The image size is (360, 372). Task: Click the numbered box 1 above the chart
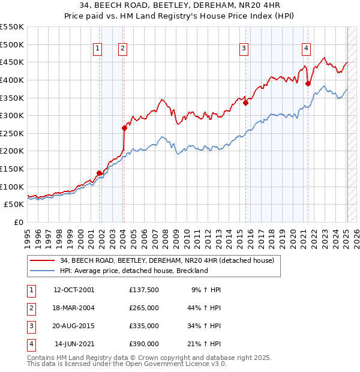tap(97, 49)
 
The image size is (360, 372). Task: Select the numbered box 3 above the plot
tap(244, 49)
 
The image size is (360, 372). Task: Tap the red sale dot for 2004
tap(124, 128)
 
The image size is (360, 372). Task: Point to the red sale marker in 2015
tap(246, 103)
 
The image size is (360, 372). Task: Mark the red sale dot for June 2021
tap(308, 83)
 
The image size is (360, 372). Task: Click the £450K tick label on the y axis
tap(11, 62)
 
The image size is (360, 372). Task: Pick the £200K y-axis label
tap(11, 151)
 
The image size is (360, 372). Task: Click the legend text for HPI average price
tap(134, 271)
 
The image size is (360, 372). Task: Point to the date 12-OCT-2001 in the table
tap(74, 290)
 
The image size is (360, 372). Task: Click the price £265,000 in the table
tap(144, 308)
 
